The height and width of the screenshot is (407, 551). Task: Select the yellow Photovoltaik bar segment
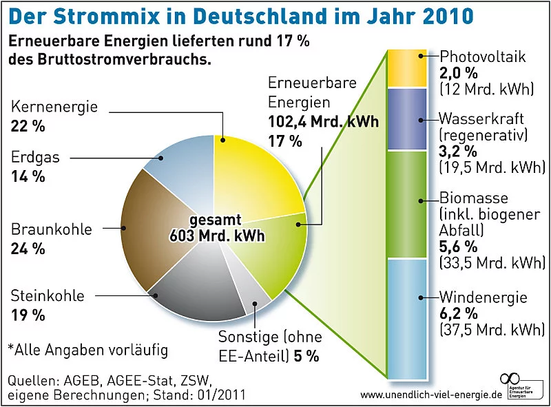pos(407,68)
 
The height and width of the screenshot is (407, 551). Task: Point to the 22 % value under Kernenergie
pos(28,126)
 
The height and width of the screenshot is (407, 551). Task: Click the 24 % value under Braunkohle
pos(28,248)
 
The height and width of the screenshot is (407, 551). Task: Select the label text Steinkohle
pos(48,297)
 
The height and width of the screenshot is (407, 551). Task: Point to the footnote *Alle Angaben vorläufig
pos(87,350)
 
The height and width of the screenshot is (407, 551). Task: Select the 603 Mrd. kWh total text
pos(218,236)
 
